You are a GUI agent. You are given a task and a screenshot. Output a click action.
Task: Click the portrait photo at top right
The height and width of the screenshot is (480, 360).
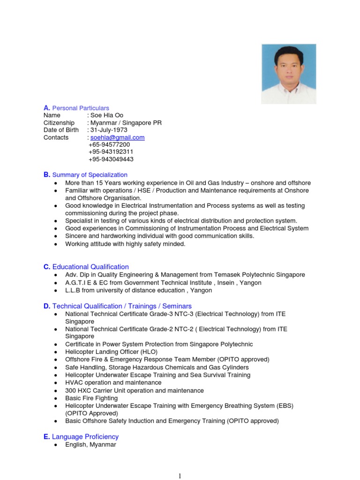click(289, 74)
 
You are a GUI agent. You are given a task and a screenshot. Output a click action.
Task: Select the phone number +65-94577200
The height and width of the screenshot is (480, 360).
click(109, 145)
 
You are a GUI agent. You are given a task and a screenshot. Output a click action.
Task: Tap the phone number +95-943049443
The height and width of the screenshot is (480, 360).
click(111, 159)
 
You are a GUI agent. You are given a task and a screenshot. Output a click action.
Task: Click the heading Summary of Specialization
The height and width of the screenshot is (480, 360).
click(90, 175)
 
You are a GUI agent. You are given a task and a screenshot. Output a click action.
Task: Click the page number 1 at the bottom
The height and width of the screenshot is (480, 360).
click(180, 476)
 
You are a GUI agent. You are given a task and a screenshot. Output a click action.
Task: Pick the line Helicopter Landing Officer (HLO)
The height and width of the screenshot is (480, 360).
click(112, 352)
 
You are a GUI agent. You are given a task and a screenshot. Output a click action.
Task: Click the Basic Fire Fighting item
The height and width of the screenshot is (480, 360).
click(91, 398)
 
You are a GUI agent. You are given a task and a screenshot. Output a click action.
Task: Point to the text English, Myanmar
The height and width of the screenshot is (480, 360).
click(90, 444)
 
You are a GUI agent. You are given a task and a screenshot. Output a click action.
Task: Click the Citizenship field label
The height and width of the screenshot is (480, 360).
click(59, 123)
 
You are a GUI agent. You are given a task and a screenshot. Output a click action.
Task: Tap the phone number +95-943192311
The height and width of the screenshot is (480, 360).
click(111, 152)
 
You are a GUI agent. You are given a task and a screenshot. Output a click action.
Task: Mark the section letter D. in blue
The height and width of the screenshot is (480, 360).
click(47, 306)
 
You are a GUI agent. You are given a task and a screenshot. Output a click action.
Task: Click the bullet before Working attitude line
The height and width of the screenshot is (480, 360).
click(56, 244)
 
